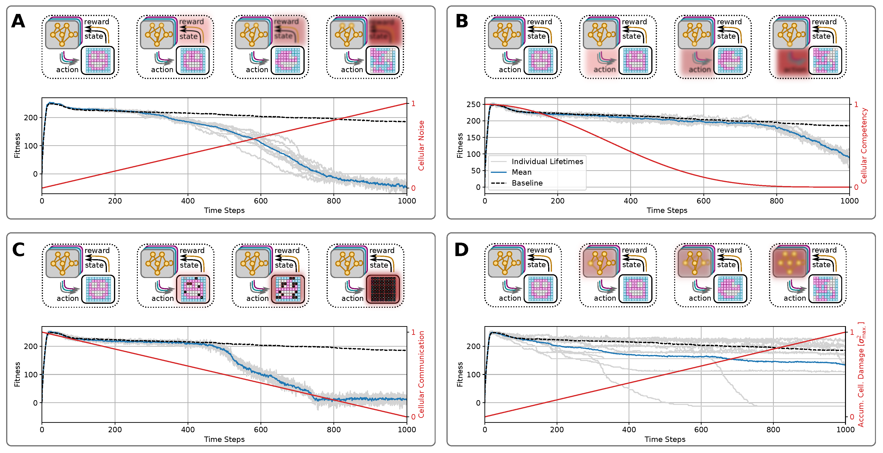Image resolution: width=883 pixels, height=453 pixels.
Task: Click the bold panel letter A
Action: click(18, 21)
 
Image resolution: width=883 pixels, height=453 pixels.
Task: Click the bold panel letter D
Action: click(461, 249)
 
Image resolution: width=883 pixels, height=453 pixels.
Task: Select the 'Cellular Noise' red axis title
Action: click(421, 146)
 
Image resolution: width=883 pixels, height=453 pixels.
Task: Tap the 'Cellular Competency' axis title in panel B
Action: click(864, 146)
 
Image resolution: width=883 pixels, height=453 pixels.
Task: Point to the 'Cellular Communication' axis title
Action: click(421, 374)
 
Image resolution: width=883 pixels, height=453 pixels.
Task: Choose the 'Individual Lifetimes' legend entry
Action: click(547, 161)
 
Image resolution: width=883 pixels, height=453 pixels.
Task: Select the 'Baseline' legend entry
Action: click(527, 183)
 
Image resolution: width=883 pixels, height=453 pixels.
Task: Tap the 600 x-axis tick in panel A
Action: click(261, 201)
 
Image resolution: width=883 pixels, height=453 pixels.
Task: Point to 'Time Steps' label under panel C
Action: click(224, 439)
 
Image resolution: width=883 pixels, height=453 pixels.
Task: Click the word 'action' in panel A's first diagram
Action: click(67, 70)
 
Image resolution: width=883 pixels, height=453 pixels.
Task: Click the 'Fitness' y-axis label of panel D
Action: click(460, 374)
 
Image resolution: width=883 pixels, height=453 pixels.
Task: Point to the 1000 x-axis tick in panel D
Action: click(845, 430)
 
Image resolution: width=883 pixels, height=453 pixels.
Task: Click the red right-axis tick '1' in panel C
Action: click(413, 332)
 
